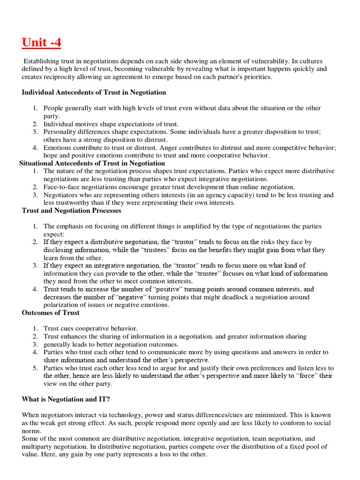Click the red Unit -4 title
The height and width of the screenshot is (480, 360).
[x=41, y=43]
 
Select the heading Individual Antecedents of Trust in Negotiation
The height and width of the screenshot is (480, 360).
[x=94, y=92]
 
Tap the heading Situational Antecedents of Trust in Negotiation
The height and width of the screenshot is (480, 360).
[x=92, y=163]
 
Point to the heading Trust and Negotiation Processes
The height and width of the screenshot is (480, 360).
[x=71, y=210]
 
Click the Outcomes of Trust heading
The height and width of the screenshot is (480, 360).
[x=51, y=313]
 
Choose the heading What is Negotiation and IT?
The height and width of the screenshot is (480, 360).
[x=66, y=399]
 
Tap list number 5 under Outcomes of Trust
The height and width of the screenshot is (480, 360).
[x=35, y=368]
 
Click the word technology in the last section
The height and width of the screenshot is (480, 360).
[x=126, y=415]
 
